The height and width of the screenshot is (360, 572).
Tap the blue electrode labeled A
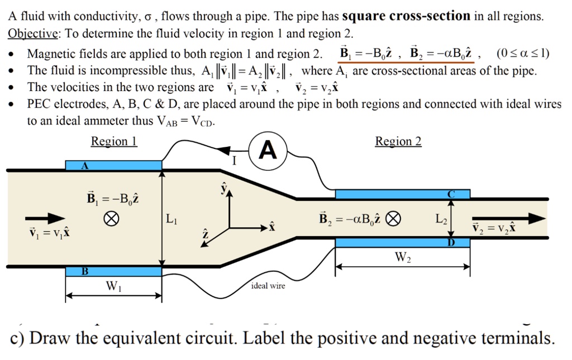113,165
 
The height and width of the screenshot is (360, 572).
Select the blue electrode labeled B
113,272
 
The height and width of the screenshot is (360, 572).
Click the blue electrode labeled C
402,194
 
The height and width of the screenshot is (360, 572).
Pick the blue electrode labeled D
402,242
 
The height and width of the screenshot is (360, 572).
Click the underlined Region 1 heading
114,142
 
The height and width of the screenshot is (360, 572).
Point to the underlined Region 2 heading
398,142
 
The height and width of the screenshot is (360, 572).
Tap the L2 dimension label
441,218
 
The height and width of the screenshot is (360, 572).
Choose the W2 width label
402,257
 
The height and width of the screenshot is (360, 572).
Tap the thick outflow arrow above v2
508,218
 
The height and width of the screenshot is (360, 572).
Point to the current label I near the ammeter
235,162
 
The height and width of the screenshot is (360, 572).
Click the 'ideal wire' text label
268,286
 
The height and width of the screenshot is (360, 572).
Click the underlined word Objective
34,33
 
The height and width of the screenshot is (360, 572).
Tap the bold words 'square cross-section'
406,16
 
